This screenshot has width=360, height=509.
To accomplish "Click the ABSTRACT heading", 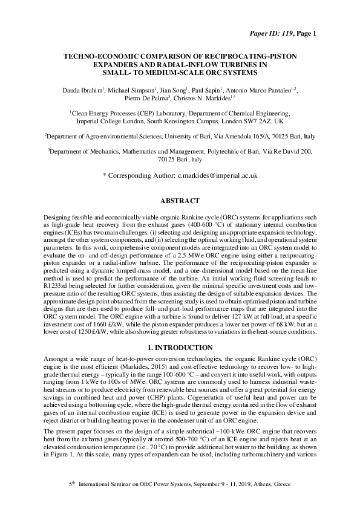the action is pyautogui.click(x=180, y=199).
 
